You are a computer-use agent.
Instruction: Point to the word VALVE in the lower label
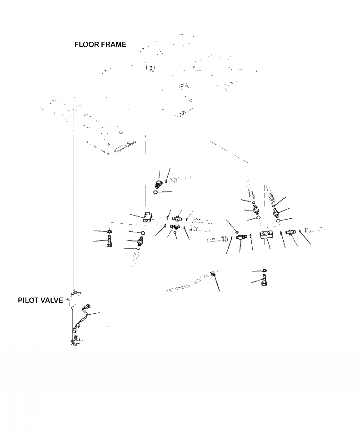(53, 301)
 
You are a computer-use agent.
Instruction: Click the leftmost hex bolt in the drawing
(110, 242)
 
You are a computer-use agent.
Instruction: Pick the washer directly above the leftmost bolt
(110, 232)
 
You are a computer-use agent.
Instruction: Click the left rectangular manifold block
(147, 216)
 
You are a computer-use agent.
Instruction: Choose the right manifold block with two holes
(267, 235)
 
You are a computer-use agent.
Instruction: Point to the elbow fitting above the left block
(158, 183)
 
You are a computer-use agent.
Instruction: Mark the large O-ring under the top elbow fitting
(155, 193)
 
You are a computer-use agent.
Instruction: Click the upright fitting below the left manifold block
(140, 241)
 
